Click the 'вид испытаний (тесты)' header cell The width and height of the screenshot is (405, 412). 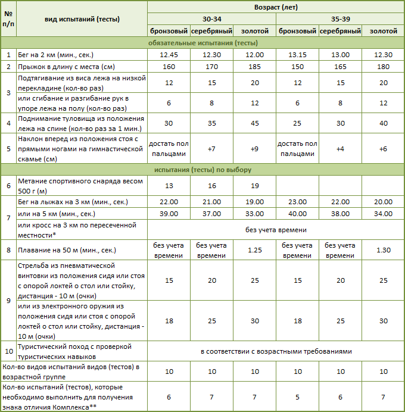point(82,19)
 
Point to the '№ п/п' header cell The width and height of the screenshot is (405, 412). point(8,19)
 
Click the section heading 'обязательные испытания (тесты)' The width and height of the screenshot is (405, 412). point(202,43)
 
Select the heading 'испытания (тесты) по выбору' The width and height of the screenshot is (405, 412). point(202,171)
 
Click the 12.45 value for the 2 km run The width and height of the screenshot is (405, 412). point(169,55)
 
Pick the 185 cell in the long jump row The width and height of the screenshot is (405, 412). point(254,66)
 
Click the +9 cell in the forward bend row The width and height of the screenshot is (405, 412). point(254,148)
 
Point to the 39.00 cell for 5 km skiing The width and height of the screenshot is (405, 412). point(169,214)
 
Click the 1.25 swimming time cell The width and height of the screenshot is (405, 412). point(254,250)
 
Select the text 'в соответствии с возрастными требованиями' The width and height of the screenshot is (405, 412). point(276,351)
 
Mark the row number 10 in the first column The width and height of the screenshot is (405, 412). point(8,351)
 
